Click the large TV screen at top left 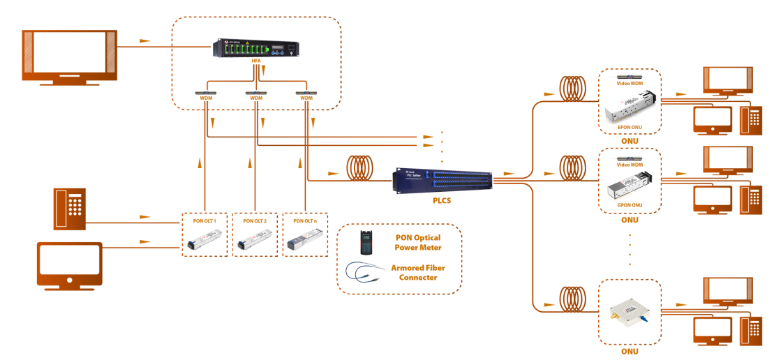pyautogui.click(x=70, y=54)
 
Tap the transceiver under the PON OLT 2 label pyautogui.click(x=253, y=241)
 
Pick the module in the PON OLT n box pyautogui.click(x=305, y=241)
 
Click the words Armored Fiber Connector pyautogui.click(x=422, y=272)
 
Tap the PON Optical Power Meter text pyautogui.click(x=422, y=242)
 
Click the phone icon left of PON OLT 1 pyautogui.click(x=70, y=209)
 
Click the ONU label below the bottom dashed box pyautogui.click(x=630, y=350)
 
